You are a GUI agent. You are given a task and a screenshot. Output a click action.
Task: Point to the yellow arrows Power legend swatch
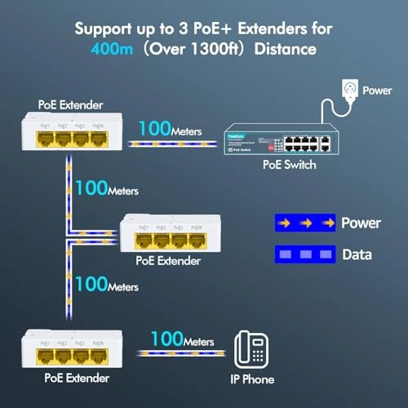303,222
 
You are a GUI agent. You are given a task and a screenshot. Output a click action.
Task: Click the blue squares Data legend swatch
303,254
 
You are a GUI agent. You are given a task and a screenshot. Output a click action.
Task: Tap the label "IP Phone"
252,379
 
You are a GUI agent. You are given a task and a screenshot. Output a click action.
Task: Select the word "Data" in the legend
357,255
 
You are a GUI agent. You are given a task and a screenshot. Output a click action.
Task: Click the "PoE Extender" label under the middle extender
168,261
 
